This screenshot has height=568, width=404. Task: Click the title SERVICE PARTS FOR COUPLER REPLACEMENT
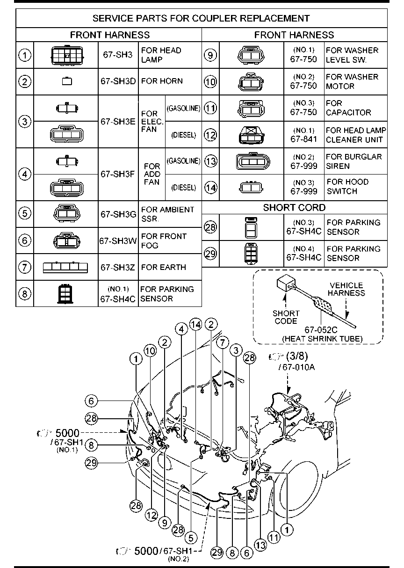tap(201, 19)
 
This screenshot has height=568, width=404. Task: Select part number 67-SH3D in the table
tap(118, 81)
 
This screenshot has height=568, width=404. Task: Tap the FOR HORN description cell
tap(162, 81)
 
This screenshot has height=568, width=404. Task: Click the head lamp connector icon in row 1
tap(66, 55)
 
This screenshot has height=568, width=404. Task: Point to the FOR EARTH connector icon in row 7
tap(65, 267)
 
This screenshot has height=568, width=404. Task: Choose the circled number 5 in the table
tap(24, 213)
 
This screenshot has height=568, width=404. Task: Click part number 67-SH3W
tap(118, 241)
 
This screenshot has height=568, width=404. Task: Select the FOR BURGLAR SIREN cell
tap(354, 161)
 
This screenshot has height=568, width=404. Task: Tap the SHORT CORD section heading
tap(294, 208)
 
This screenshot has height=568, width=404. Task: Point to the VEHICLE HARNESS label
tap(346, 289)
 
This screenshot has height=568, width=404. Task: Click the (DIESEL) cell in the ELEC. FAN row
tap(183, 135)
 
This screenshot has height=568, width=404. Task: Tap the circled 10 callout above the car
tap(150, 351)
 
